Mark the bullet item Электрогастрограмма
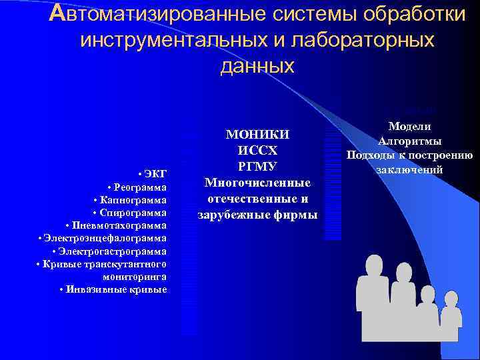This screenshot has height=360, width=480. (x=111, y=251)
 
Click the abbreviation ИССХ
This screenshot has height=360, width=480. (x=257, y=151)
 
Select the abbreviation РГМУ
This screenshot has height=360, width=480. (x=257, y=166)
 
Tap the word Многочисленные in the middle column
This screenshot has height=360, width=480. (x=257, y=182)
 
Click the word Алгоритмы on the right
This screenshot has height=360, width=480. (x=409, y=141)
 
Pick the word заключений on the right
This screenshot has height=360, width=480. (x=409, y=170)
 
